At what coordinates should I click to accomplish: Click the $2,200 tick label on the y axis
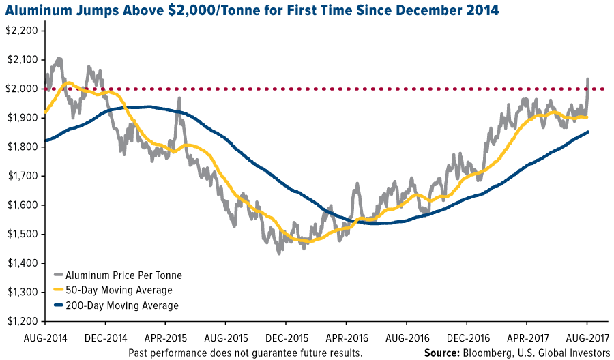(22, 31)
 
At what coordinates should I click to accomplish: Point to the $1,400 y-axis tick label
(22, 263)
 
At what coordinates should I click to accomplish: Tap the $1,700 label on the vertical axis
(22, 176)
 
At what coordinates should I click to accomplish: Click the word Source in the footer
(442, 352)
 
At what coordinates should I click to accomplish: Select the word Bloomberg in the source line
(497, 352)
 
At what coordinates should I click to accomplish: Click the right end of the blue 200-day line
(587, 132)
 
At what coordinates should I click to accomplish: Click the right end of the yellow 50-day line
(587, 117)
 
